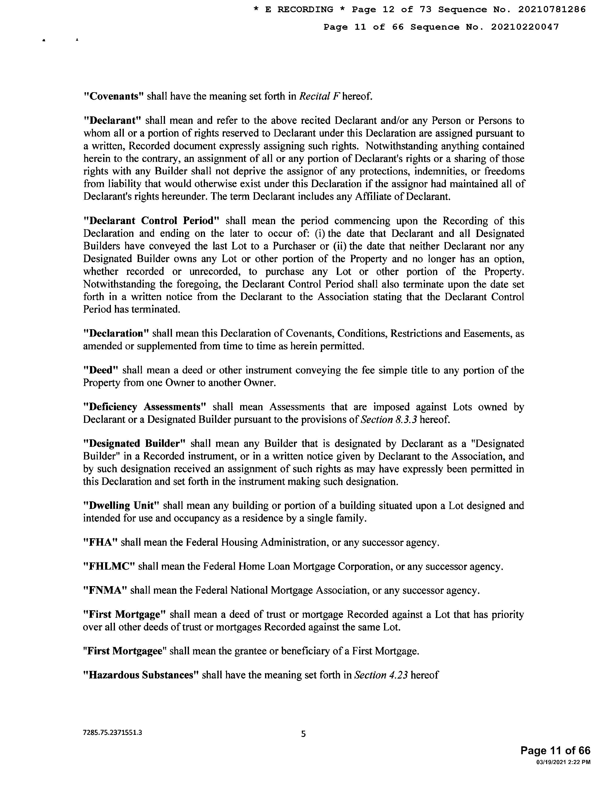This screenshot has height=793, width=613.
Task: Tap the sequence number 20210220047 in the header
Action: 525,27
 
